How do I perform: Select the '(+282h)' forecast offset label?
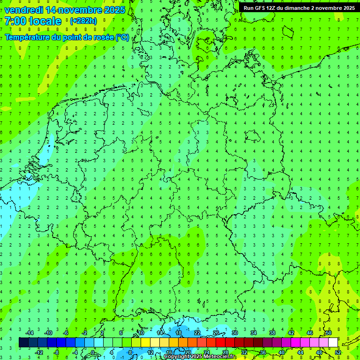83,21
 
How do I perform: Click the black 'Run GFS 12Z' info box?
299,8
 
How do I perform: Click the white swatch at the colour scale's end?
333,343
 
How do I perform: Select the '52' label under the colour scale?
338,352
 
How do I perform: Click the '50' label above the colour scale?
328,333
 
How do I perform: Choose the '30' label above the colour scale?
234,333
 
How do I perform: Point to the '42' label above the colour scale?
291,333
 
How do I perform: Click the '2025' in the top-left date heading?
114,10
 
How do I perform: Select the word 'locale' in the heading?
45,21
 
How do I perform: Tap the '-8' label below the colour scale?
57,352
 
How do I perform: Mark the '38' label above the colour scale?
272,333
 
